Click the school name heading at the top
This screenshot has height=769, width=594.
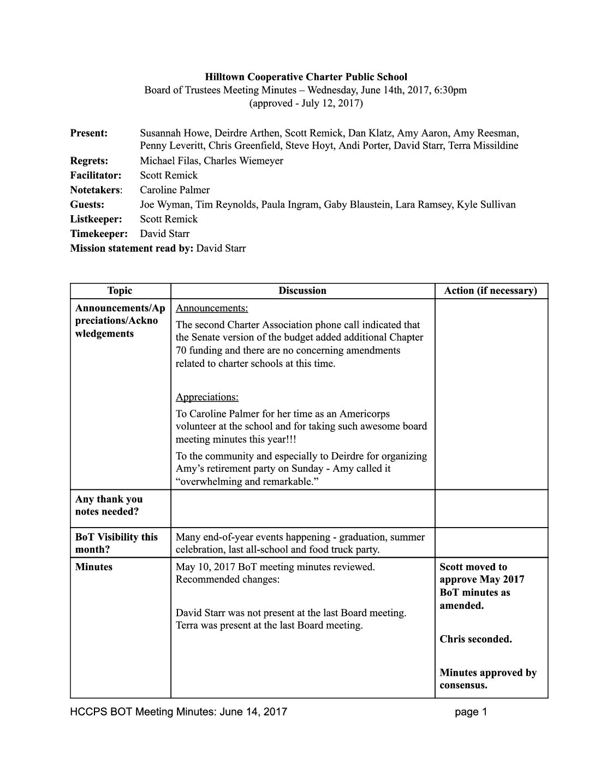306,77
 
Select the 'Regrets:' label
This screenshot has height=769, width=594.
89,161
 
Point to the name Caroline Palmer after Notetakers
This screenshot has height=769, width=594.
175,190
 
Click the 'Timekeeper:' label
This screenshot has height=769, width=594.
99,234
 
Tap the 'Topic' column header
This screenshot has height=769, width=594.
120,291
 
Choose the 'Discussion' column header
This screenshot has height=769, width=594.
302,291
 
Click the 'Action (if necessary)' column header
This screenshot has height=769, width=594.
491,291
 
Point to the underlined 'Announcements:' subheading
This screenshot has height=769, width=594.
212,308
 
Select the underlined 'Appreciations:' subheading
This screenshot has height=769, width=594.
207,397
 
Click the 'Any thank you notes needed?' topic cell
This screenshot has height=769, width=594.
109,505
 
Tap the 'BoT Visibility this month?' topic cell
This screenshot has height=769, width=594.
116,543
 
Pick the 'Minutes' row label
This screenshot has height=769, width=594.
93,567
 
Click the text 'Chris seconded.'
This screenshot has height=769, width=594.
476,639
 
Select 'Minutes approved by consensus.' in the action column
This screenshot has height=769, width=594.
488,679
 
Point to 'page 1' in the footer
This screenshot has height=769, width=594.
470,712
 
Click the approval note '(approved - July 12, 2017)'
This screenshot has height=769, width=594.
306,103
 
